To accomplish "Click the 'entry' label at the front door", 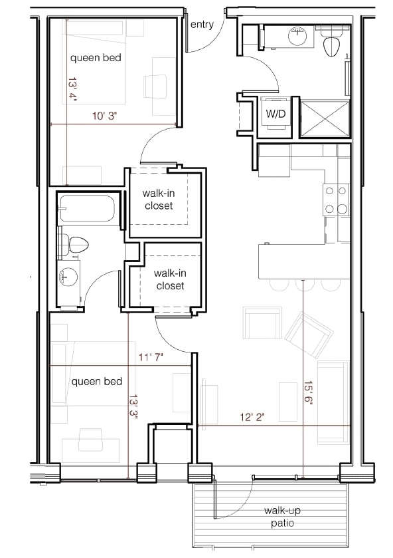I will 202,25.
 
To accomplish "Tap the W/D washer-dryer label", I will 275,114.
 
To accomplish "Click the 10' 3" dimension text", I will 104,116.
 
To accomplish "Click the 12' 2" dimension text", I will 252,417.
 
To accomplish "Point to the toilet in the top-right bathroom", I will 331,44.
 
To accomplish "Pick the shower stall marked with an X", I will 325,117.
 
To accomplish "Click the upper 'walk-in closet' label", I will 158,200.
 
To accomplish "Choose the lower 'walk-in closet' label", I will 169,279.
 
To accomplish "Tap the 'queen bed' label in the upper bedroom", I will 96,58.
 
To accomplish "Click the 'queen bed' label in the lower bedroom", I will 97,381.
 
